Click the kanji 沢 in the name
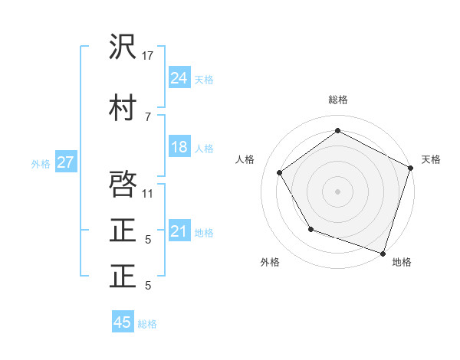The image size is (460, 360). coord(123,48)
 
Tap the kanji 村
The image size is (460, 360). coord(123,108)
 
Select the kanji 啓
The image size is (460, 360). coord(123,185)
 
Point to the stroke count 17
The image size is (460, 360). coord(148,56)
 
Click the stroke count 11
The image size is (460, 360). coord(148,193)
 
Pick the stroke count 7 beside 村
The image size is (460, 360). coord(147,116)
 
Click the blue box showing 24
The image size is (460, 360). coord(179,77)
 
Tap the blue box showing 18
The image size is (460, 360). coord(179,147)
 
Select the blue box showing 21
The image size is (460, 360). coord(179,231)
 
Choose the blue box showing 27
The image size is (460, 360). coord(65,162)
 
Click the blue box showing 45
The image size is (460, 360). coord(123,322)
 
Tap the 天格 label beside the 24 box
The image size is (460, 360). coord(204,79)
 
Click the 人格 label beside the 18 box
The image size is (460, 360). coord(204,149)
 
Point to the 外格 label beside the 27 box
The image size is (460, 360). coord(41,163)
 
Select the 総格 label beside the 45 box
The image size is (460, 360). coord(147,324)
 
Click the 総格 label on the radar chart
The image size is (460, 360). coord(337,100)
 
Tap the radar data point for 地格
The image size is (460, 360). coord(383,252)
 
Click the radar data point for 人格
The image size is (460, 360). coord(280,172)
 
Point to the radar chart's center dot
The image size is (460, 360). coord(337,191)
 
